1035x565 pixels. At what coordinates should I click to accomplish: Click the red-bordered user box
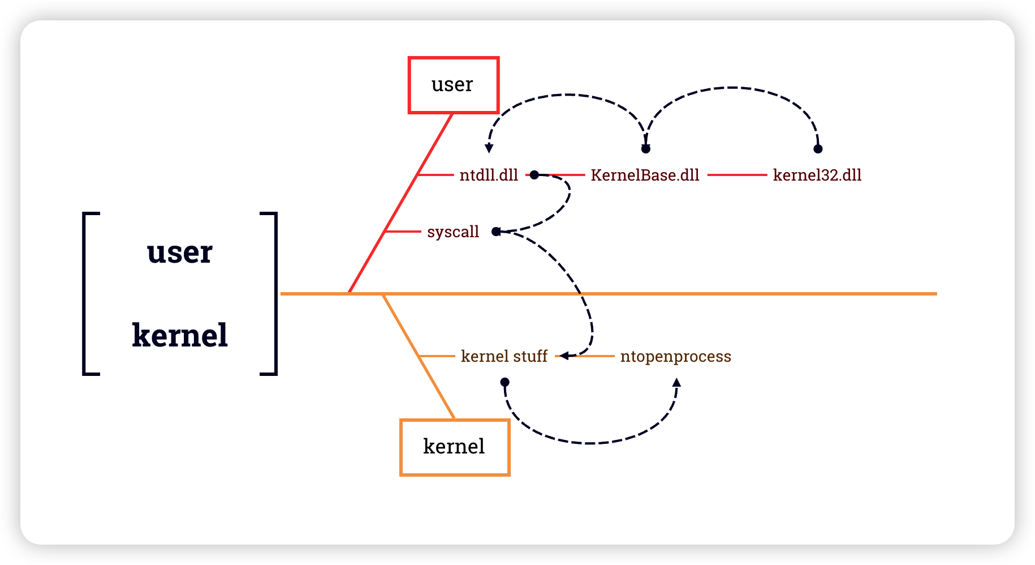(x=453, y=85)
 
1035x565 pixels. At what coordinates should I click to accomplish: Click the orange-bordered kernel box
(x=455, y=447)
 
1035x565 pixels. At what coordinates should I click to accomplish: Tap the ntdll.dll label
(x=489, y=176)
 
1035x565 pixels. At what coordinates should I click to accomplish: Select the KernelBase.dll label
(x=645, y=176)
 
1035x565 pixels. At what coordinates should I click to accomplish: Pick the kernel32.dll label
(x=817, y=176)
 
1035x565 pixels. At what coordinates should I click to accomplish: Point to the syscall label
(x=453, y=232)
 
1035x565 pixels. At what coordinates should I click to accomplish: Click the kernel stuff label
(x=504, y=357)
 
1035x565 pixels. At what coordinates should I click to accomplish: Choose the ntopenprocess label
(x=675, y=357)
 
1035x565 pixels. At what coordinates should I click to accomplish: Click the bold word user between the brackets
(x=180, y=252)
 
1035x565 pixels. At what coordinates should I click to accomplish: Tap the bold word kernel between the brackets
(x=180, y=335)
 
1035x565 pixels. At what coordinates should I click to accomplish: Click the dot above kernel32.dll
(x=818, y=149)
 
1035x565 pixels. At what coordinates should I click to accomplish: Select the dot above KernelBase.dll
(x=646, y=149)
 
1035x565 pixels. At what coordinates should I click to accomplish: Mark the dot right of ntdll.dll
(x=534, y=175)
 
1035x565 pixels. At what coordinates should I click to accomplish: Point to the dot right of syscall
(x=496, y=232)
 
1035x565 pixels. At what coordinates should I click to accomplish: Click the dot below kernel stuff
(x=505, y=382)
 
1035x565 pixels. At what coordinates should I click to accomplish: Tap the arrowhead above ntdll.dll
(x=489, y=149)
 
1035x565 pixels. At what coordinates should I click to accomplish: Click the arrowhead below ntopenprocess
(x=676, y=383)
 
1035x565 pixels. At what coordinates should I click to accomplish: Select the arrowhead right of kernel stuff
(x=564, y=356)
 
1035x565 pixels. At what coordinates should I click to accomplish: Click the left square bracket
(x=85, y=293)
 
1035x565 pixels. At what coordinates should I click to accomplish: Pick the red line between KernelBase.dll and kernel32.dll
(x=736, y=175)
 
